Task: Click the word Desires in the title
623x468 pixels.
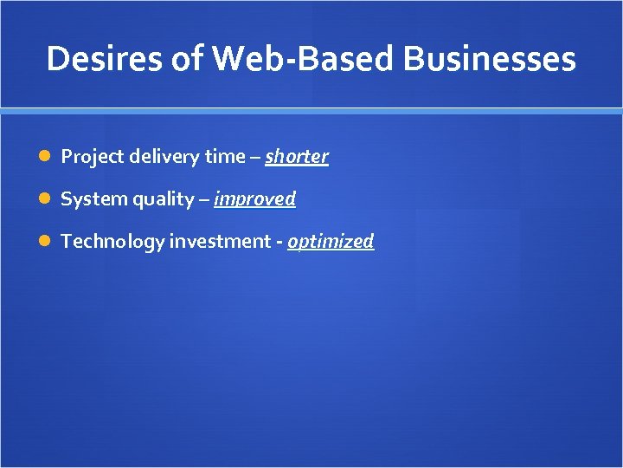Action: click(x=97, y=59)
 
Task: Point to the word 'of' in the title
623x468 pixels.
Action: click(x=170, y=59)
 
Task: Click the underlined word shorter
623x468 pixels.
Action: click(x=297, y=157)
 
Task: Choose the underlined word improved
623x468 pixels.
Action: click(x=254, y=199)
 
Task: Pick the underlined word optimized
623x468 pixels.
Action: click(x=331, y=242)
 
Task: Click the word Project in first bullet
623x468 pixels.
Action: click(x=87, y=157)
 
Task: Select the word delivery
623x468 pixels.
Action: click(x=158, y=157)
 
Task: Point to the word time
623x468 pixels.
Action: click(x=224, y=157)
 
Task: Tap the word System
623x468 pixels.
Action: click(x=93, y=199)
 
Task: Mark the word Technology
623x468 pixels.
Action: click(x=112, y=242)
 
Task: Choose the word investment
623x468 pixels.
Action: click(x=220, y=242)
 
